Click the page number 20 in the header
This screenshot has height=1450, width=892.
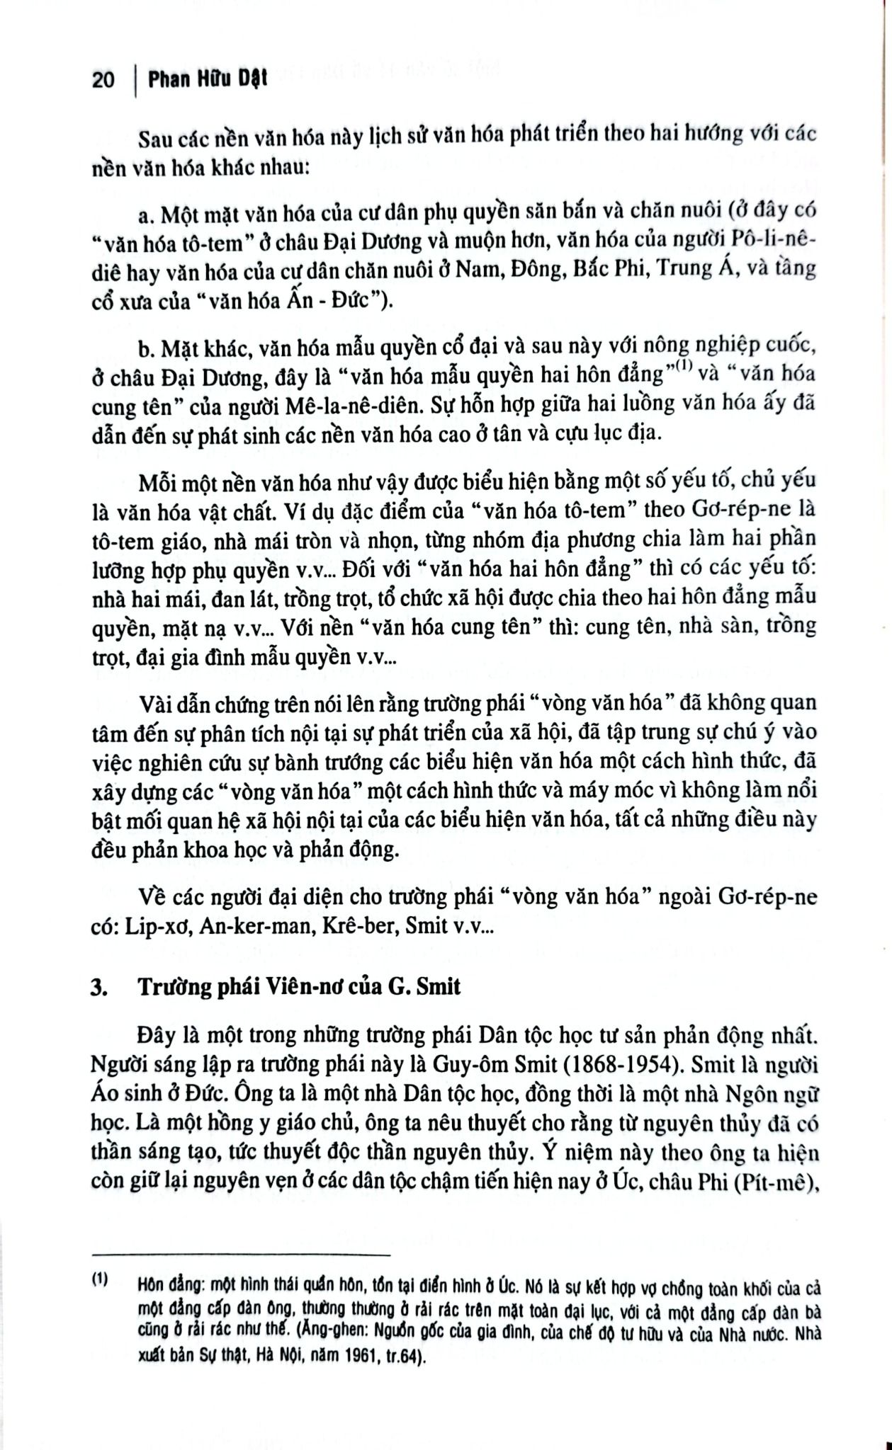point(103,80)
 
